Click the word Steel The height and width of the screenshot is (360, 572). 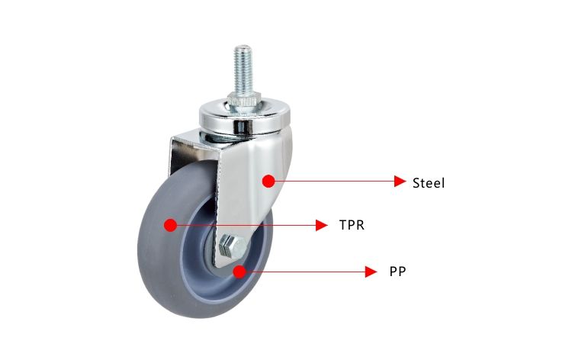[428, 182]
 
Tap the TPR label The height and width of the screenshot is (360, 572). [351, 226]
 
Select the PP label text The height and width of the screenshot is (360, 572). [397, 271]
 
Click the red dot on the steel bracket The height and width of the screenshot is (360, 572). [268, 181]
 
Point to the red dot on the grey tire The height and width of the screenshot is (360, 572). [170, 225]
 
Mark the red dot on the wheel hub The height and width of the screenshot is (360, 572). [239, 271]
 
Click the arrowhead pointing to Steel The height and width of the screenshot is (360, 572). [399, 182]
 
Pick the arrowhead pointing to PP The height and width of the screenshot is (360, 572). [371, 271]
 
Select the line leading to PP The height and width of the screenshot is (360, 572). [305, 271]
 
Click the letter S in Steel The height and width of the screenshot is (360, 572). [416, 182]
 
